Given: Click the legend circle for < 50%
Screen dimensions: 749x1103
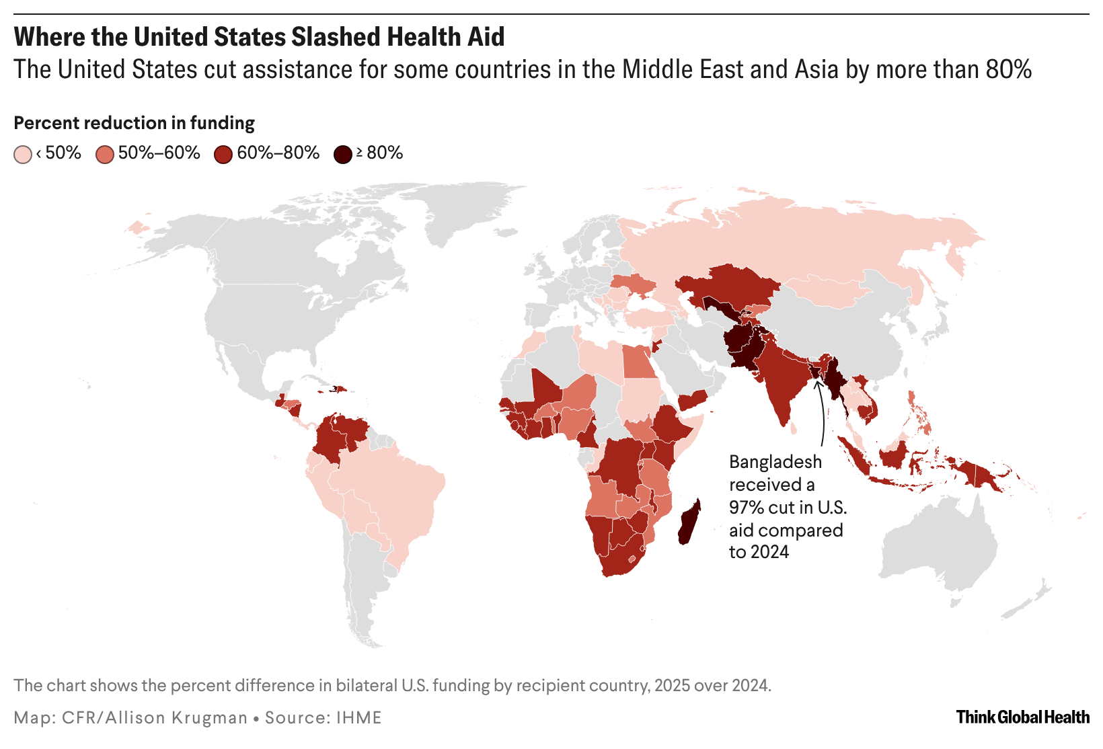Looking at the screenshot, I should pos(23,155).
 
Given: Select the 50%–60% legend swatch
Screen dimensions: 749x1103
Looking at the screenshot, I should pos(105,155).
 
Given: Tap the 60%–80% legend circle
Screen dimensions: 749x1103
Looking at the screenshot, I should pos(223,155).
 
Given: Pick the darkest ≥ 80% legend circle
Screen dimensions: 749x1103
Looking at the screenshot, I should pos(343,155).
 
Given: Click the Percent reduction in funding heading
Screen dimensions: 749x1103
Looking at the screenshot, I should pos(134,123).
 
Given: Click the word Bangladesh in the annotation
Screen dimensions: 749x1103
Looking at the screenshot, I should pos(775,462).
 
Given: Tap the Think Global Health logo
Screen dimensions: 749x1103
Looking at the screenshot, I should pos(1022,717).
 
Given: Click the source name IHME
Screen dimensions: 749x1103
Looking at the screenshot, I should pos(359,717).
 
